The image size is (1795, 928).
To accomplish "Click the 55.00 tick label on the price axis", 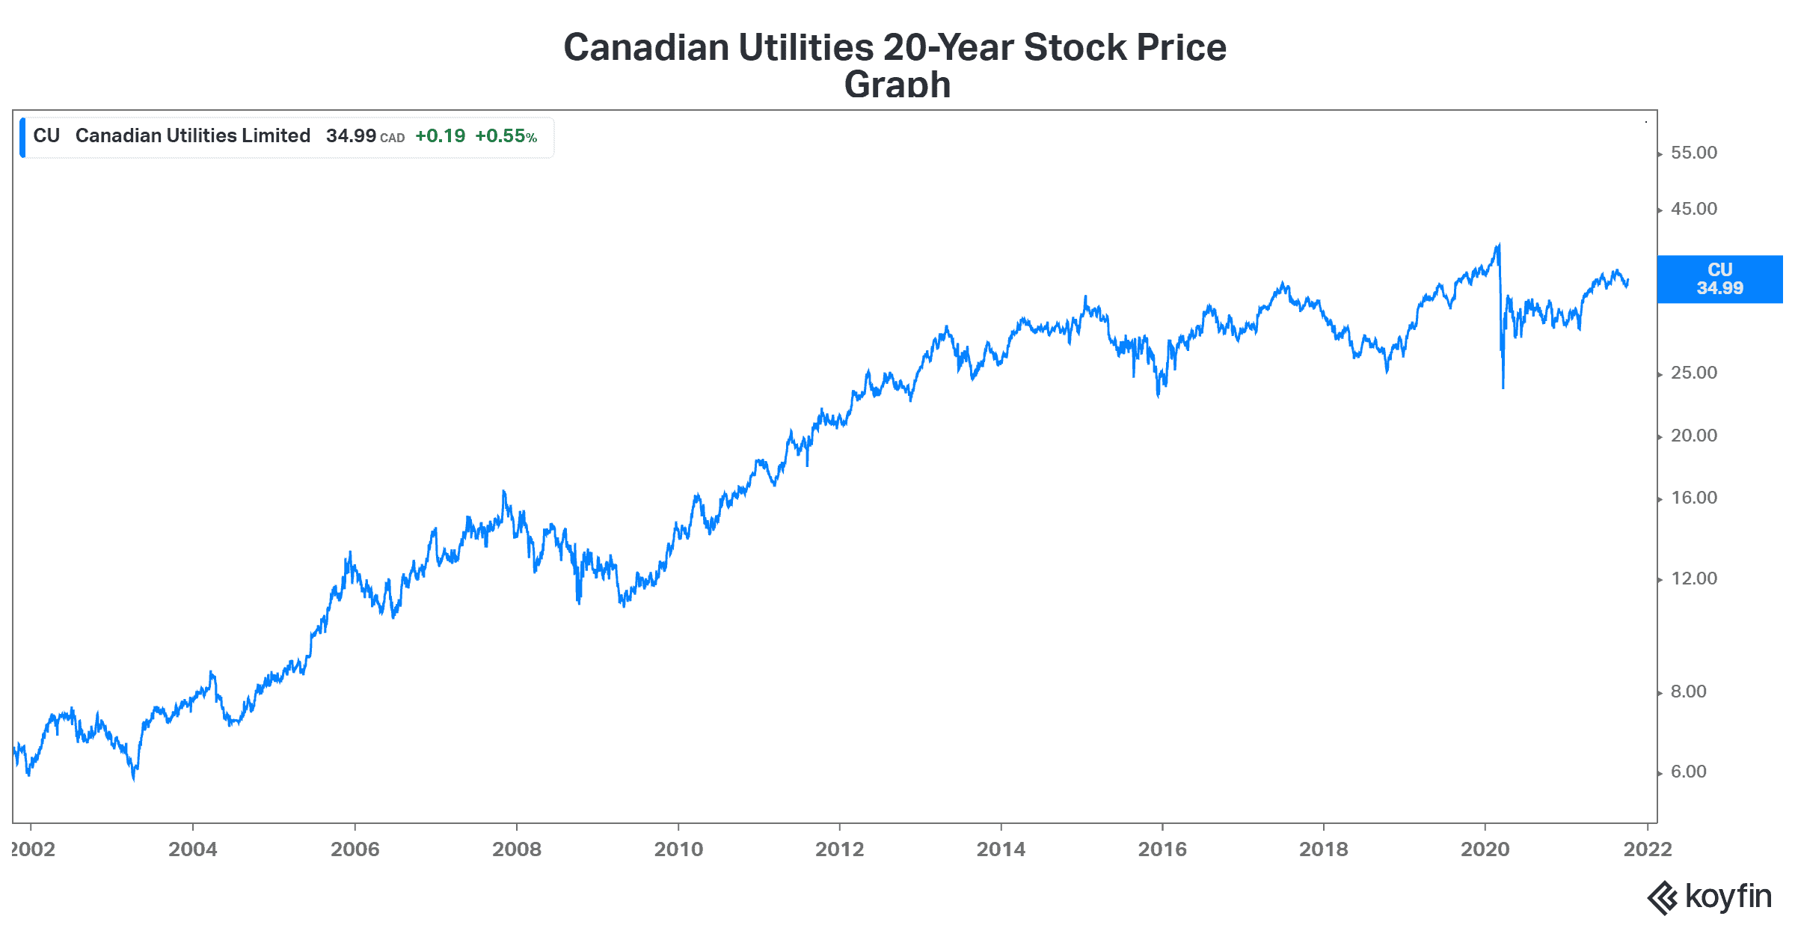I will coord(1693,153).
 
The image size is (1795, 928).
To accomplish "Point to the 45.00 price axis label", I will coord(1693,209).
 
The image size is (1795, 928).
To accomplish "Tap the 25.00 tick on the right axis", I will coord(1693,373).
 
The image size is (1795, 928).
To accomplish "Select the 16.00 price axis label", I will coord(1693,498).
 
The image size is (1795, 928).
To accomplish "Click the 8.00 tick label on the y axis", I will coord(1688,692).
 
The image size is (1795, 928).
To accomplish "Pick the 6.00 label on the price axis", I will coord(1688,772).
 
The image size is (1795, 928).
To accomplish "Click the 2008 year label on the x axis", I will coord(517,849).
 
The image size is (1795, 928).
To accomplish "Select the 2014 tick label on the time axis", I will coord(1001,849).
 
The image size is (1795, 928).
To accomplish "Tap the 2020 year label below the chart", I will coord(1485,849).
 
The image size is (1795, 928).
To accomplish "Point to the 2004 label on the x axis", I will coord(193,849).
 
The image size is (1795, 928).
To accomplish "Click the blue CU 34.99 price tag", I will coord(1719,279).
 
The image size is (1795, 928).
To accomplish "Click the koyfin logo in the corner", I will coord(1710,897).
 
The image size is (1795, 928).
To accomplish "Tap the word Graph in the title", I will coord(897,85).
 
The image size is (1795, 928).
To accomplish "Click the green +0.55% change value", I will coord(506,136).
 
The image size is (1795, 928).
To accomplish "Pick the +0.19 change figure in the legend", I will coord(440,136).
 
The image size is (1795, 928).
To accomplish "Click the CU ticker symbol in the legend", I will coord(46,135).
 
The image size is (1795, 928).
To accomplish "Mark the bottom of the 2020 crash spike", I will coord(1503,387).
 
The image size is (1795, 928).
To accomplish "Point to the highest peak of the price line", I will coord(1498,244).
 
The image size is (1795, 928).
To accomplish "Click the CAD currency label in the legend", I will coord(392,138).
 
